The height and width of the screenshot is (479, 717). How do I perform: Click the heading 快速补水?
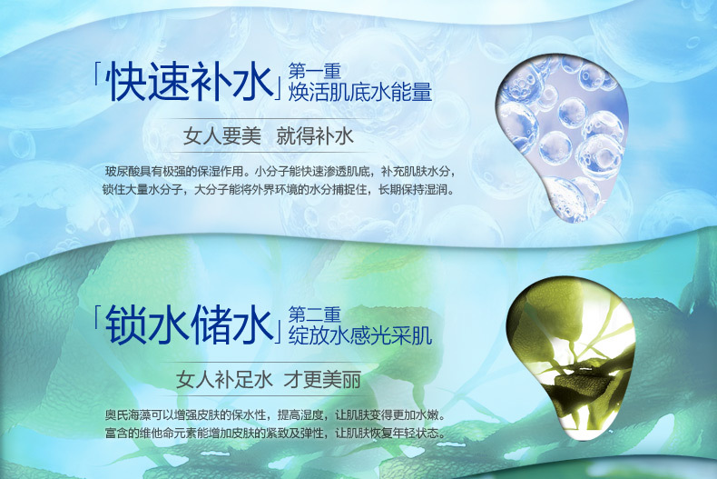[190, 82]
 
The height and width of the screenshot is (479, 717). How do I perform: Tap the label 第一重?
[315, 71]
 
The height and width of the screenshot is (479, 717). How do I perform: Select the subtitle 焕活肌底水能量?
[360, 92]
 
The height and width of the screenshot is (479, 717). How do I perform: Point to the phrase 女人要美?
[222, 136]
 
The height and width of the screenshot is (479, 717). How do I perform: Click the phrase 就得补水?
[315, 136]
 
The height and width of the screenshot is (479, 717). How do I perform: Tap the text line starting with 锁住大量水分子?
[280, 189]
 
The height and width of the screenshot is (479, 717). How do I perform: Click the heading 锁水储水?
[190, 325]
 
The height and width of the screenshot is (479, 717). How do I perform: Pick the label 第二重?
[315, 314]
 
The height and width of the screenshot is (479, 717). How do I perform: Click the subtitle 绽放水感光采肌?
[360, 335]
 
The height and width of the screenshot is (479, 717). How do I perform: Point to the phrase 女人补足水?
[224, 380]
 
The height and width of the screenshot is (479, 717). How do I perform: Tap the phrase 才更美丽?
[322, 380]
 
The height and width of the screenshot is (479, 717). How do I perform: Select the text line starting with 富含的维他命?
[276, 433]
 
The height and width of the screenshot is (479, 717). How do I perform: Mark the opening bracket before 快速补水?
[97, 75]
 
